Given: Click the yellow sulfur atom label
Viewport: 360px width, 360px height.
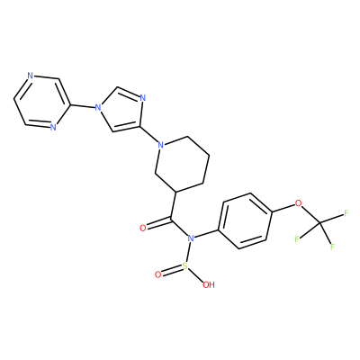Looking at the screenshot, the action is tap(185, 265).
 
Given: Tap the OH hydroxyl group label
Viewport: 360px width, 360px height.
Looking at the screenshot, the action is tap(209, 284).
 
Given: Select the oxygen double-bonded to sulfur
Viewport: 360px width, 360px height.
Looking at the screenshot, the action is tap(158, 274).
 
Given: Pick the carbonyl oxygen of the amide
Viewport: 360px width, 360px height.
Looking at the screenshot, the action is tap(143, 229).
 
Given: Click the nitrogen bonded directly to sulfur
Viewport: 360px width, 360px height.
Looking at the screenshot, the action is tap(191, 238).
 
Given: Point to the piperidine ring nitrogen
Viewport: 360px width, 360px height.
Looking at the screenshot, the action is tap(161, 146).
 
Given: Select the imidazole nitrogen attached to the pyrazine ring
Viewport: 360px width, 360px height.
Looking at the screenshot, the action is tap(96, 107).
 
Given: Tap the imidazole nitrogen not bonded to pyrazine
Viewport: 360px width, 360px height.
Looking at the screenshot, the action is tap(142, 98).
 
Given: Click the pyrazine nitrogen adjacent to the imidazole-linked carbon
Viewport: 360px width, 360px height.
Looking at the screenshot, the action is tap(53, 127).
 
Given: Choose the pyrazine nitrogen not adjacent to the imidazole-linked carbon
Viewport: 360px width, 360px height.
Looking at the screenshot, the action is tap(30, 76).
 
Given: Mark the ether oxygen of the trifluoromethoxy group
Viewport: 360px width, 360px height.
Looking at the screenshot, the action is tap(298, 203).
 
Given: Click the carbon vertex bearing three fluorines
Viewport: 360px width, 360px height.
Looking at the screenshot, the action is tap(320, 222).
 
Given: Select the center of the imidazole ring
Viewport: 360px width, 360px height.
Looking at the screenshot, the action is tap(119, 111).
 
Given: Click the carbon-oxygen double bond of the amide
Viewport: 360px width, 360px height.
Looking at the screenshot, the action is tap(157, 225).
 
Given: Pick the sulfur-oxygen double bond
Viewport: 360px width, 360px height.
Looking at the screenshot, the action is tap(172, 270).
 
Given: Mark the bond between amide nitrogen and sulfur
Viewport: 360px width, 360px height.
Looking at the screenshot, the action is tap(188, 252).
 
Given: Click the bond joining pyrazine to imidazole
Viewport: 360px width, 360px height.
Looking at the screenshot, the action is tap(82, 105).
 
